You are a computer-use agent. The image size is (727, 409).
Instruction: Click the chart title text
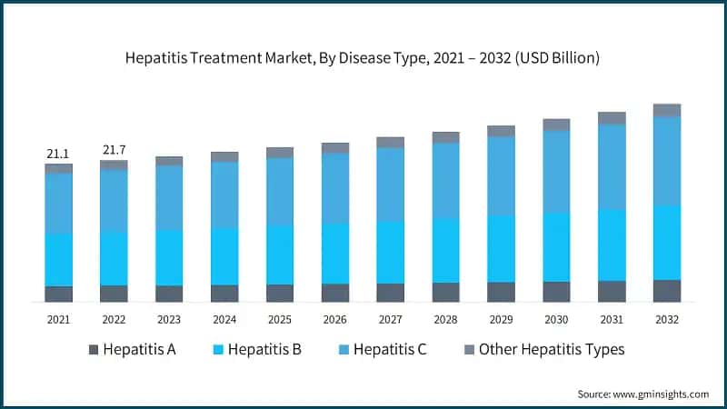pos(363,58)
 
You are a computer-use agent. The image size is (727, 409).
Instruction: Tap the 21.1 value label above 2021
pos(58,155)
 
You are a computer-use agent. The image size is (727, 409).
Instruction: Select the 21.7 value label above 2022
pos(114,149)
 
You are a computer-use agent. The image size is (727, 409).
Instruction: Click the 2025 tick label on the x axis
pos(280,319)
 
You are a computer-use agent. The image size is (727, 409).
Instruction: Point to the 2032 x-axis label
pos(667,319)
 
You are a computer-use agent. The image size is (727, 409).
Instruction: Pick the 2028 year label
pos(445,319)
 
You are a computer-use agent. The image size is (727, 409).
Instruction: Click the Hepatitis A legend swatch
pos(93,350)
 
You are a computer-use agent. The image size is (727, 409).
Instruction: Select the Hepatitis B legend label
pos(264,350)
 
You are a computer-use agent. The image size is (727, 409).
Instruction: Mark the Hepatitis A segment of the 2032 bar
pos(667,291)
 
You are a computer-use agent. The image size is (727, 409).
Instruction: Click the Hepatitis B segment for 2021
pos(58,260)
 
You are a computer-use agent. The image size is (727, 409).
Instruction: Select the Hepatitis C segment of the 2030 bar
pos(556,172)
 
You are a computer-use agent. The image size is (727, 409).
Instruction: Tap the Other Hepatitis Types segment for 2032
pos(667,110)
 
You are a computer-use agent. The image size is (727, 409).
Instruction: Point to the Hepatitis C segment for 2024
pos(224,195)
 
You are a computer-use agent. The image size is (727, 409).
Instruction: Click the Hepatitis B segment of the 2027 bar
pos(391,252)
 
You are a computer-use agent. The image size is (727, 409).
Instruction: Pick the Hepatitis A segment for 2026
pos(335,293)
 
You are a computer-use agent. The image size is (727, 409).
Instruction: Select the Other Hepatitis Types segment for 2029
pos(501,131)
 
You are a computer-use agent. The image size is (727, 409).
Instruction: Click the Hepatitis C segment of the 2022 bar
pos(114,201)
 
